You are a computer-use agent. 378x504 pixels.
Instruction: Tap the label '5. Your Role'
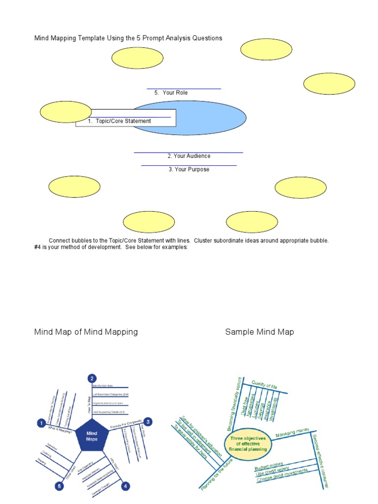171,93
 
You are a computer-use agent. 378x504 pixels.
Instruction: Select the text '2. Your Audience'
189,156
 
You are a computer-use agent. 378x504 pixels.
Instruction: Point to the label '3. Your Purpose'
189,169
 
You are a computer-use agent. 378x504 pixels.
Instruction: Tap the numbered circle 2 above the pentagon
92,378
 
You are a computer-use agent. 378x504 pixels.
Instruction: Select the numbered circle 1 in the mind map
42,422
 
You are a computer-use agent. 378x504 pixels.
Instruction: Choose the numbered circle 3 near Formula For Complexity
148,421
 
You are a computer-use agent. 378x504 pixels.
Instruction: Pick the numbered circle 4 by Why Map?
126,486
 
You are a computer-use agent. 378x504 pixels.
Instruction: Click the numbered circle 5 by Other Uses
59,487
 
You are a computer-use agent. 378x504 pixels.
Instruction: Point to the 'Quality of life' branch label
265,385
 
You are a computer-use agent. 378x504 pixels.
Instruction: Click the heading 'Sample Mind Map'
259,332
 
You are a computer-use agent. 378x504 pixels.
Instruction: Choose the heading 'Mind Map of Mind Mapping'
86,332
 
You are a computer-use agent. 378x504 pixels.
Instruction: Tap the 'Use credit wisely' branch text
273,473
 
